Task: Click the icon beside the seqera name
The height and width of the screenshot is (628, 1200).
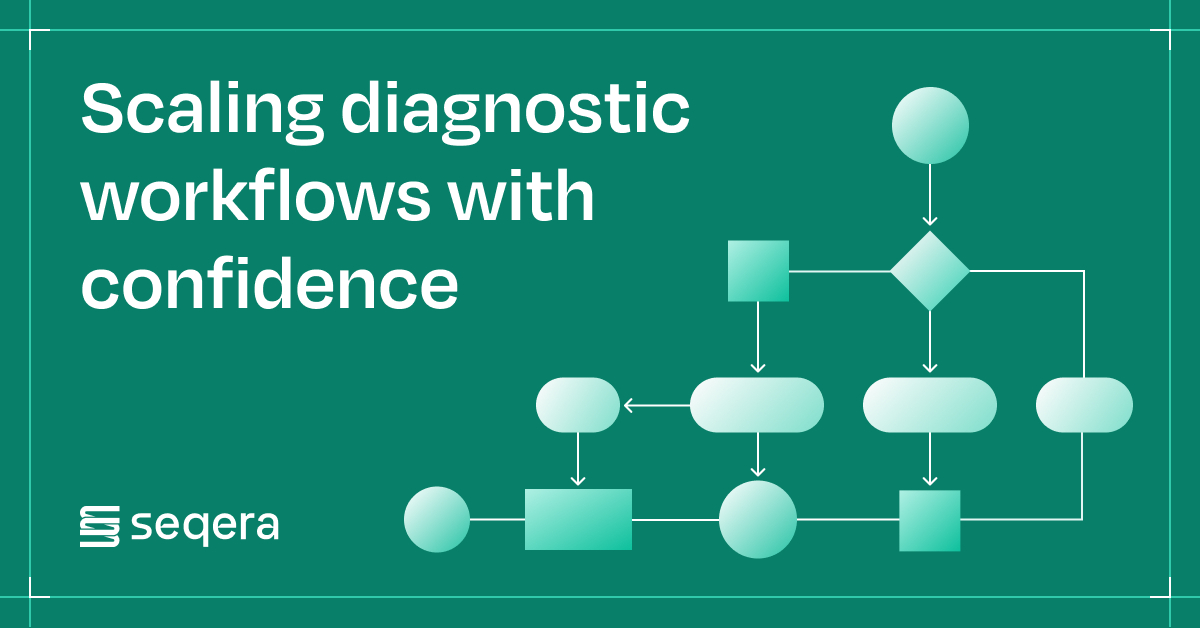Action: (99, 525)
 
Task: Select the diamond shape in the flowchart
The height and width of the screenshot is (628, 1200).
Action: (930, 271)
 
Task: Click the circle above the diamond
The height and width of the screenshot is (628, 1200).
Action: (930, 125)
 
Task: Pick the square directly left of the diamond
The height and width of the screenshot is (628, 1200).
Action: (758, 271)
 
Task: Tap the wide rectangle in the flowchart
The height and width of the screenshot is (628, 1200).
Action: (578, 519)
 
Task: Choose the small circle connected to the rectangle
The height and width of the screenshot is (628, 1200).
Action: (437, 520)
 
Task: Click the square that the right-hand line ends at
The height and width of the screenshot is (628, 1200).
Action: (929, 520)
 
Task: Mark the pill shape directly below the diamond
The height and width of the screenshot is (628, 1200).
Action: (930, 405)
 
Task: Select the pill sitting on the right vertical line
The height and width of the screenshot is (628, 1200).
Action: (1084, 405)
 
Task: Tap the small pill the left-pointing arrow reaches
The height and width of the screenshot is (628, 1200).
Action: (578, 405)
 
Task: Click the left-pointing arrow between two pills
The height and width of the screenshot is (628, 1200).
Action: (655, 405)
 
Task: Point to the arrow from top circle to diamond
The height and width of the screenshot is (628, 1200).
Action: (930, 195)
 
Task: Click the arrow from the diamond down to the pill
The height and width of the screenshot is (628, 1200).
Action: (930, 342)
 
